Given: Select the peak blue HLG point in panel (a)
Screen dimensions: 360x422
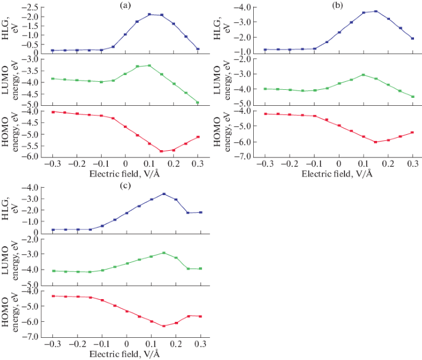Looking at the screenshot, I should pyautogui.click(x=149, y=14).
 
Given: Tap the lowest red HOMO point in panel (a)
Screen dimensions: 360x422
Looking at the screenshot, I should pyautogui.click(x=161, y=151).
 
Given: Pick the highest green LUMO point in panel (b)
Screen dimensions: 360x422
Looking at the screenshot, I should pyautogui.click(x=363, y=74).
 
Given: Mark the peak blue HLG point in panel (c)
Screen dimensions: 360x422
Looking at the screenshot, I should pyautogui.click(x=164, y=194).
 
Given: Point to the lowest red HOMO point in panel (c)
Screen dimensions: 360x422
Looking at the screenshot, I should pyautogui.click(x=164, y=326).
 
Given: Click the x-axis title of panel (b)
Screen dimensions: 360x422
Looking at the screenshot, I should pyautogui.click(x=338, y=174).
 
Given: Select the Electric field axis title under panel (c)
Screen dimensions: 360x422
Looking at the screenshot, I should pyautogui.click(x=126, y=354).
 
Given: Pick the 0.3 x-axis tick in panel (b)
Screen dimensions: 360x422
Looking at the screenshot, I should pyautogui.click(x=413, y=165).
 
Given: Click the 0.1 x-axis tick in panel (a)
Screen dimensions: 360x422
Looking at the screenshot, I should pyautogui.click(x=149, y=165).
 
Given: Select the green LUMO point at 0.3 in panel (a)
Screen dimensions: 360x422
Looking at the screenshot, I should pyautogui.click(x=198, y=103).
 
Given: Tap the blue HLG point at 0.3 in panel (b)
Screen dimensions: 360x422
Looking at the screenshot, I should pyautogui.click(x=412, y=38).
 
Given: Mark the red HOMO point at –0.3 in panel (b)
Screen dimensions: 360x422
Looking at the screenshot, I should pyautogui.click(x=265, y=114).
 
